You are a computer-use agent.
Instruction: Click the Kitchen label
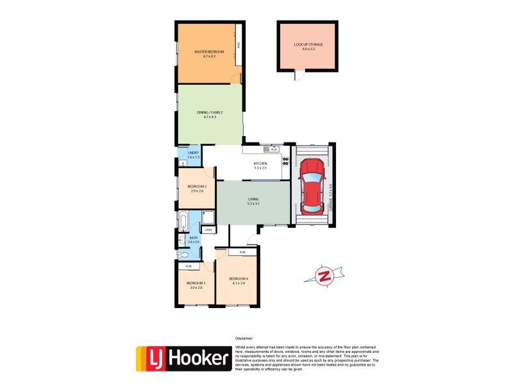[x=260, y=166]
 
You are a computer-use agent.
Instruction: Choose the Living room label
[x=253, y=201]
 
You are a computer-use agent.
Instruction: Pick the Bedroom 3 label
[x=196, y=285]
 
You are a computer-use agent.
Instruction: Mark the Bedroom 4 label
[x=237, y=280]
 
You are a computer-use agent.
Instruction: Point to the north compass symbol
[x=325, y=276]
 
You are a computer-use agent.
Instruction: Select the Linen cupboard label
[x=208, y=230]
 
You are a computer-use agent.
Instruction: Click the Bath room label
[x=193, y=240]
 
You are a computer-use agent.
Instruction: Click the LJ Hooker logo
[x=183, y=359]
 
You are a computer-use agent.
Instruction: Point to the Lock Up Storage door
[x=297, y=76]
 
